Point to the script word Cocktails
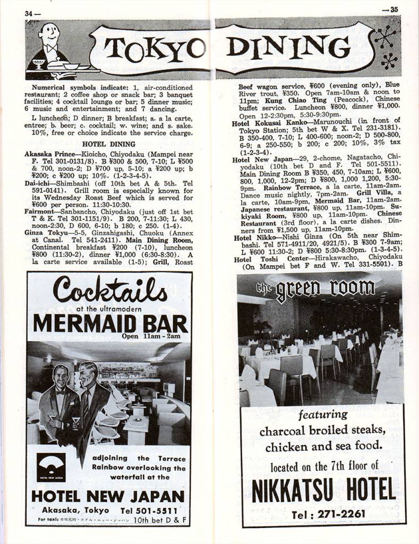(x=110, y=291)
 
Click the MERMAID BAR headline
(x=110, y=323)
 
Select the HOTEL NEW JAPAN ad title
(x=108, y=496)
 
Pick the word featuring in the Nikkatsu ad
(x=323, y=414)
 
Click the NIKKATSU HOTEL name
(x=323, y=490)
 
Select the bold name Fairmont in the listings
(x=39, y=210)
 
